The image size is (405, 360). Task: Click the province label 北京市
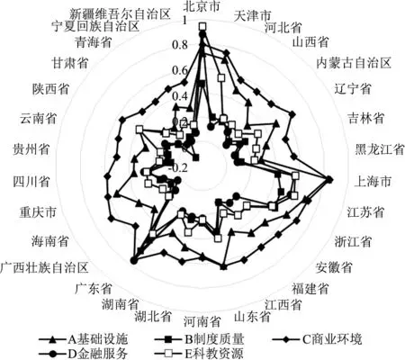pos(202,6)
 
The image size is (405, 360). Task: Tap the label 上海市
pos(373,181)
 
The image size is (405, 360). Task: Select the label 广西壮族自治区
pos(44,267)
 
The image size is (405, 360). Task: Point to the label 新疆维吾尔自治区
pos(120,13)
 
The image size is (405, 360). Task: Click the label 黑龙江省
pos(380,149)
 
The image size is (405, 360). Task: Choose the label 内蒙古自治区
pos(354,63)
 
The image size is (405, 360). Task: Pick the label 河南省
pos(202,322)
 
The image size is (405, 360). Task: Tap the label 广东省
pos(94,288)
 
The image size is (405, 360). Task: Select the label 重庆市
pos(38,212)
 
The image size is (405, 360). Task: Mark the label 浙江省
pos(353,241)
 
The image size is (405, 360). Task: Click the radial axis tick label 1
pos(184,22)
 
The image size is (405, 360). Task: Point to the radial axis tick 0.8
pos(180,45)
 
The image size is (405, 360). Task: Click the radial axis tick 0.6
pos(180,71)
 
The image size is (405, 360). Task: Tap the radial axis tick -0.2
pos(178,168)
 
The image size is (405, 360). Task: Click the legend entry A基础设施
pos(84,339)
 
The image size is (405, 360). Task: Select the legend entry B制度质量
pos(200,339)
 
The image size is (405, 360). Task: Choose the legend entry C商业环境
pos(318,339)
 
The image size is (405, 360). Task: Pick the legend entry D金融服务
pos(84,354)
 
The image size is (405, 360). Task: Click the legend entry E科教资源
pos(200,354)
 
